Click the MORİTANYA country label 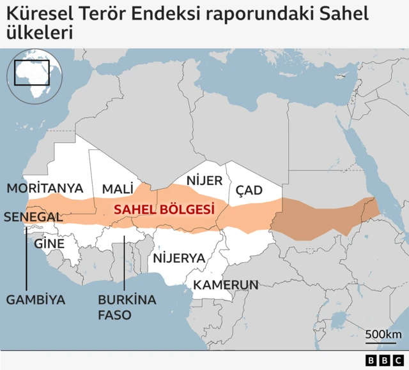point(45,188)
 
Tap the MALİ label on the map point(118,189)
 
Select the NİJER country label point(204,181)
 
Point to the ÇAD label point(249,190)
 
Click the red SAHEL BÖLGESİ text point(163,209)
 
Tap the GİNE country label point(49,244)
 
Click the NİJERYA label point(178,258)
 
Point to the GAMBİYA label point(36,299)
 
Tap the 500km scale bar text point(383,335)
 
